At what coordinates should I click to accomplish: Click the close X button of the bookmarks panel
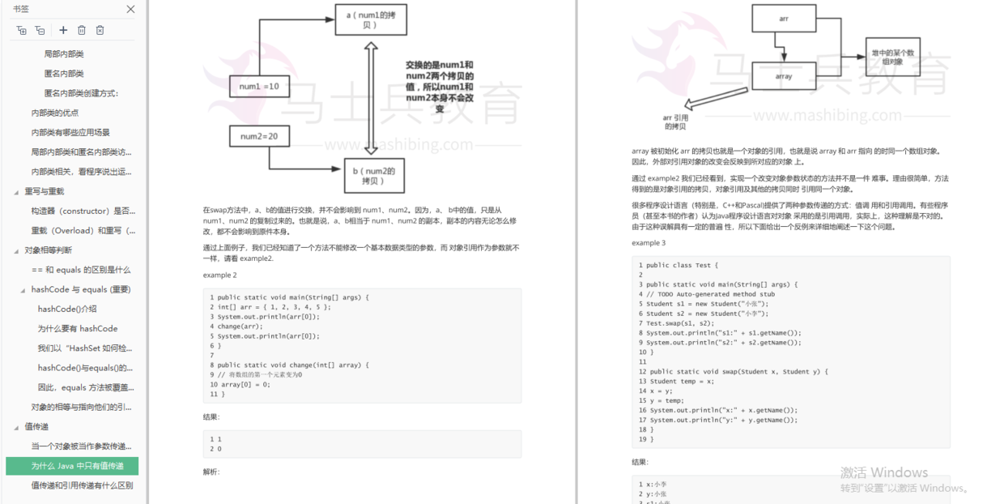click(x=130, y=9)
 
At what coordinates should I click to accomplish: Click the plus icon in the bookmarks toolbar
click(x=63, y=30)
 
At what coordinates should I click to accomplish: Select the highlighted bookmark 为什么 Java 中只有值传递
click(x=77, y=466)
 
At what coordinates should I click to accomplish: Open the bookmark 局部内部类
click(x=63, y=54)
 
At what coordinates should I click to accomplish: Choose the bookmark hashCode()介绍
click(x=67, y=309)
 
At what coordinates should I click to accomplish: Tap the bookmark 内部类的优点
click(x=55, y=113)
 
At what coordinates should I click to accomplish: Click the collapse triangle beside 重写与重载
click(x=16, y=192)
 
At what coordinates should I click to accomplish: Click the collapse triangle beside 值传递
click(x=16, y=427)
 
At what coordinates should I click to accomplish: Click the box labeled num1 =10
click(x=259, y=86)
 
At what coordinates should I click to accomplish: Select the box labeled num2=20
click(x=259, y=137)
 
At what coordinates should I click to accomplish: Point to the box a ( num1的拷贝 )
click(x=369, y=20)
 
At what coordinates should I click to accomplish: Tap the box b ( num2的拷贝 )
click(x=369, y=175)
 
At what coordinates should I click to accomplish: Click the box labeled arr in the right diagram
click(x=784, y=19)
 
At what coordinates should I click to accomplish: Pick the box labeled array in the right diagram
click(x=784, y=76)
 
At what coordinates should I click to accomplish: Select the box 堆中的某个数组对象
click(x=893, y=57)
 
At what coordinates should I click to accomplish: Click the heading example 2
click(x=220, y=275)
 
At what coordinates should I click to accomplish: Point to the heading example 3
click(x=649, y=243)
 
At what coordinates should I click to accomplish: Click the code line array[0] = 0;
click(x=244, y=384)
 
